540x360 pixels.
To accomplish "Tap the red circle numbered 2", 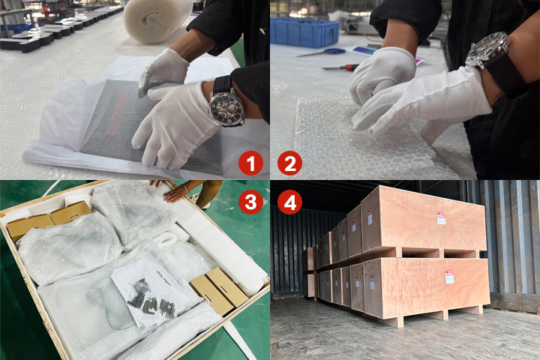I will [289, 161].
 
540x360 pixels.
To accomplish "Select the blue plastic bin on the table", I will [304, 32].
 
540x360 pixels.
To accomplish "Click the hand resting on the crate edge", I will [176, 192].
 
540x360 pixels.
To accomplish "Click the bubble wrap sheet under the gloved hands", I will [352, 142].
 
